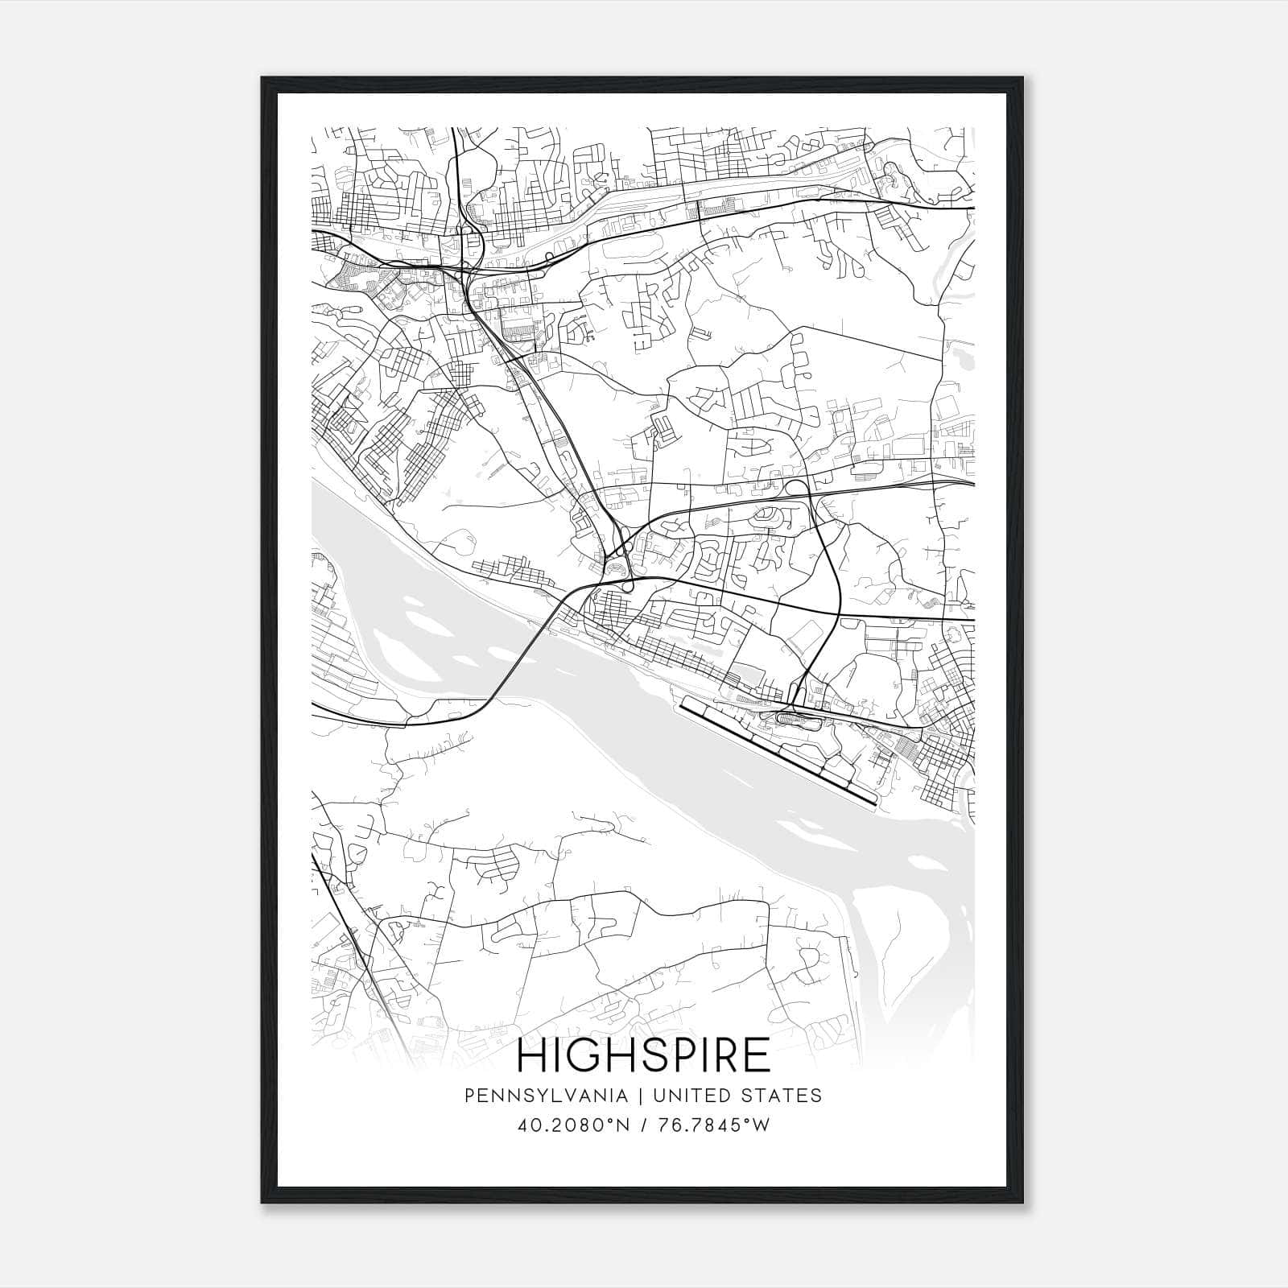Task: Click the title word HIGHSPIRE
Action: (643, 1055)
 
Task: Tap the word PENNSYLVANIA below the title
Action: (534, 1096)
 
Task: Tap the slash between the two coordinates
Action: (645, 1125)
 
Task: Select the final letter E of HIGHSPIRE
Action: (758, 1055)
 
